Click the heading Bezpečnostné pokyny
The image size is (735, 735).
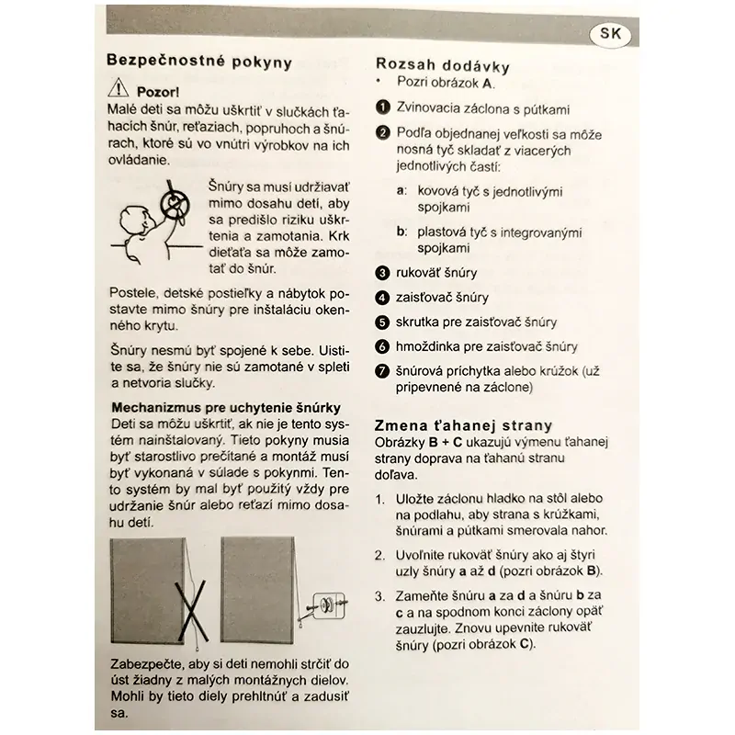(199, 62)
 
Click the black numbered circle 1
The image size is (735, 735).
(384, 108)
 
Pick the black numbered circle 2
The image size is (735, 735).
(384, 133)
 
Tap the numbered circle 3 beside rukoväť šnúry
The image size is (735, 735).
(384, 273)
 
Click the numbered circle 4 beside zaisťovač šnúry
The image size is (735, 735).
(384, 298)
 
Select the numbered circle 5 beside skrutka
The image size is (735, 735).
(384, 322)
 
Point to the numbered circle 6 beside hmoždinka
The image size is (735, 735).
(384, 347)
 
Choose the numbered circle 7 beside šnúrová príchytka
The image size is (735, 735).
(384, 372)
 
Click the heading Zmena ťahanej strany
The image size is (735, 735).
(464, 424)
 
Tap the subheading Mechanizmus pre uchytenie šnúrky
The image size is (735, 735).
(226, 407)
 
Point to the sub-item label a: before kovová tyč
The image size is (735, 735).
(401, 191)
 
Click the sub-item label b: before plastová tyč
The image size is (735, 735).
(401, 232)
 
